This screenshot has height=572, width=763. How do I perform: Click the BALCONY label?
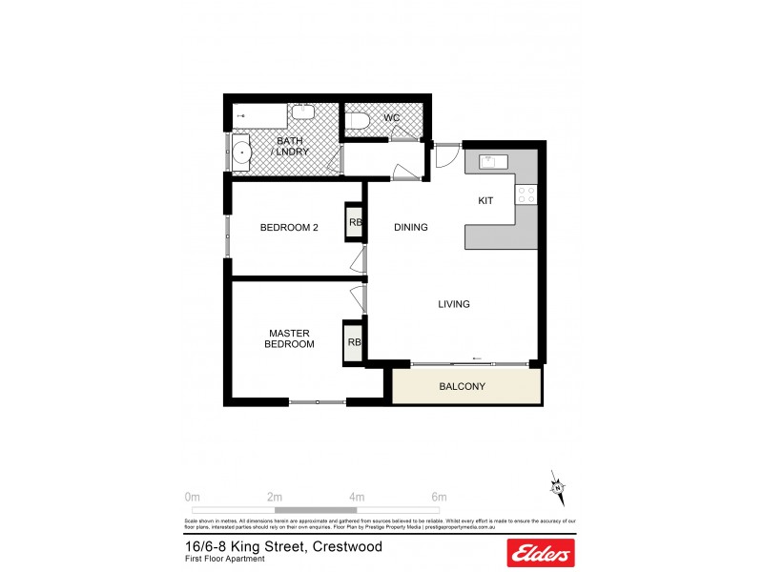point(463,386)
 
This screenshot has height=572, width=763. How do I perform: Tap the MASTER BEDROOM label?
point(289,338)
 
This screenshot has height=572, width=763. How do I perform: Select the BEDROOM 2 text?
point(289,227)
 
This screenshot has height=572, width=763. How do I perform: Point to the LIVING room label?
point(454,304)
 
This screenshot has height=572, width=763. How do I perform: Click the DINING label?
point(410,227)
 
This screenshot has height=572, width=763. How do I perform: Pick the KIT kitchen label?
point(485,201)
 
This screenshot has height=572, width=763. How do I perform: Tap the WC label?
point(391,118)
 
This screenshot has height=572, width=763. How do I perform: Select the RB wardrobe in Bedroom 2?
point(354,223)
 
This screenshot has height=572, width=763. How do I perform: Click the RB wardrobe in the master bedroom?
point(353,341)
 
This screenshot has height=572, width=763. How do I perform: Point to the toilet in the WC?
point(358,120)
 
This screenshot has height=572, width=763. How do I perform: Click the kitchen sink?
point(492,161)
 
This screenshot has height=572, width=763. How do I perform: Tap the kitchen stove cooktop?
point(526,194)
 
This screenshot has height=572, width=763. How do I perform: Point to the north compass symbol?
point(556,488)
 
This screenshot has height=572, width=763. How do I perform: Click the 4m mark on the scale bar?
point(357,497)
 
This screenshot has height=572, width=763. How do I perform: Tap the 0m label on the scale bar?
point(192,497)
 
